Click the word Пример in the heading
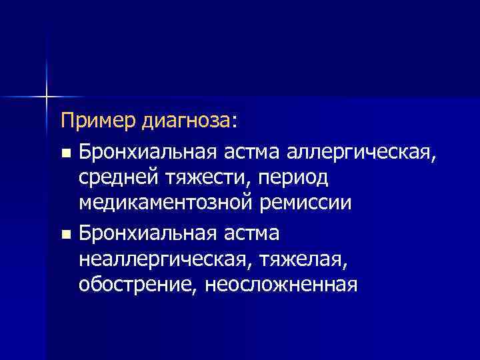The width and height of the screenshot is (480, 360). [99, 121]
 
